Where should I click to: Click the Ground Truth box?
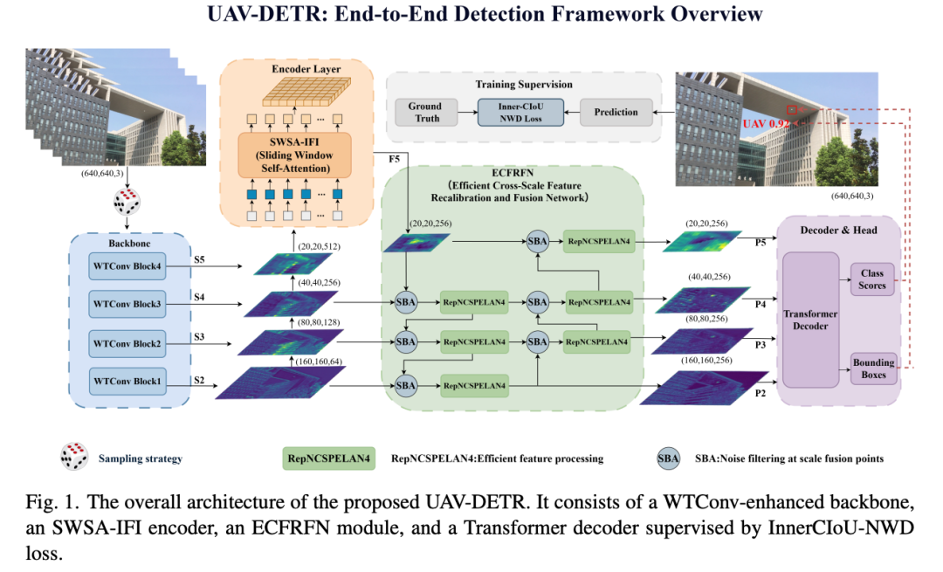point(425,112)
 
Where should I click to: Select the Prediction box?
point(616,112)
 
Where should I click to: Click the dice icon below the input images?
point(129,203)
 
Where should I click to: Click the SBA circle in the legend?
point(668,458)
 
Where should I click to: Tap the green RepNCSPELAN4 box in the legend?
point(331,458)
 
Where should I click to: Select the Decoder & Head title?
point(838,231)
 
